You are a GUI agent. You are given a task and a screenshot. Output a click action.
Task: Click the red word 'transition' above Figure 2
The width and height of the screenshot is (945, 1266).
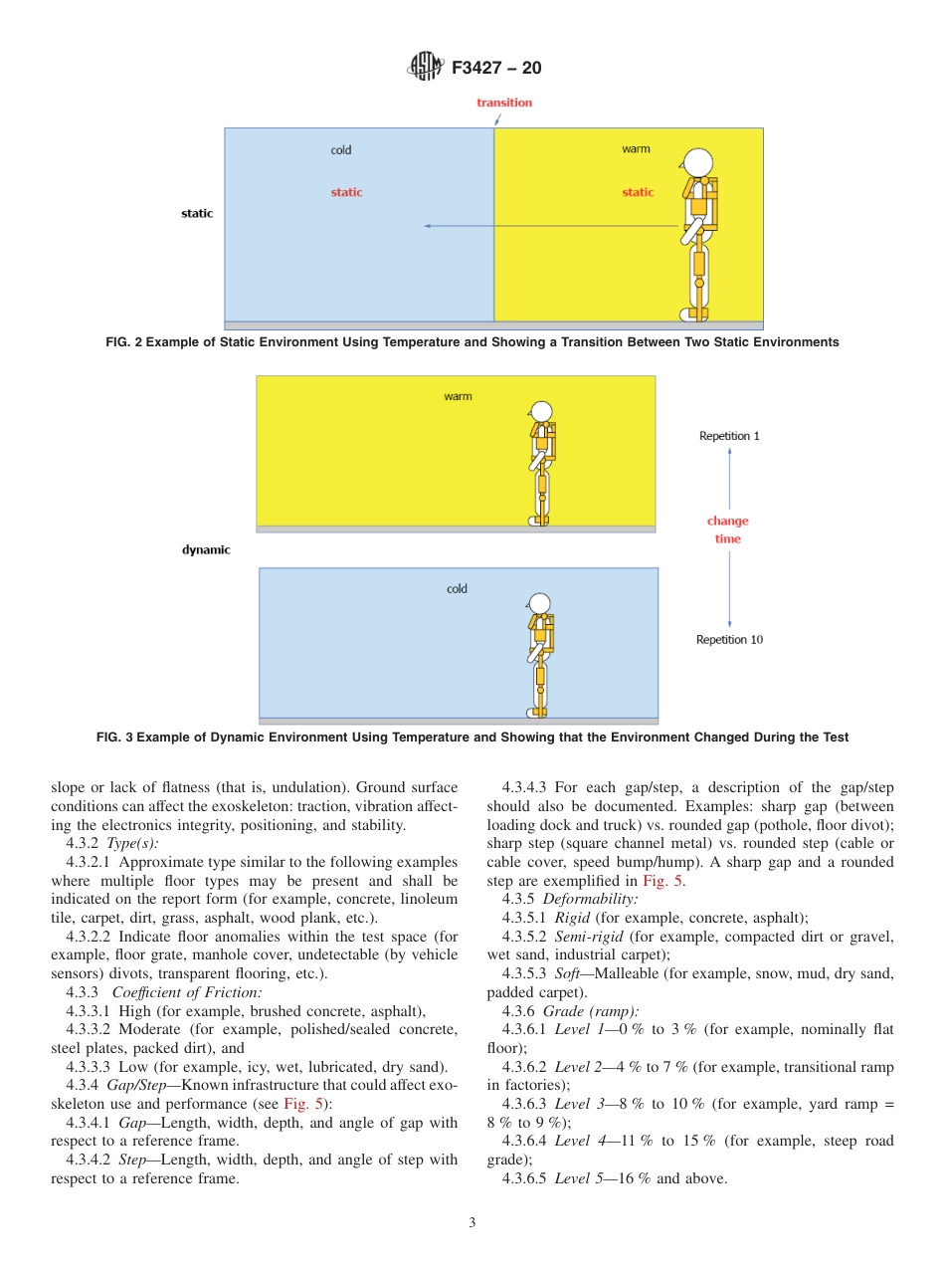(503, 103)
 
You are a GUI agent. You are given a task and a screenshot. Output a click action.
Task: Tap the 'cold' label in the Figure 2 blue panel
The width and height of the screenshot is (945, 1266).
(341, 150)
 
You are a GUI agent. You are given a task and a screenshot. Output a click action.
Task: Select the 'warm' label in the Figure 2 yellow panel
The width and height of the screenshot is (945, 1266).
(636, 149)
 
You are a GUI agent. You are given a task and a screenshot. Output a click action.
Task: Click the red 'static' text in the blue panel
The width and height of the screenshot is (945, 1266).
(346, 192)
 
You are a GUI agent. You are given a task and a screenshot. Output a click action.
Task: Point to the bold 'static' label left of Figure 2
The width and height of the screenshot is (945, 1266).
(197, 213)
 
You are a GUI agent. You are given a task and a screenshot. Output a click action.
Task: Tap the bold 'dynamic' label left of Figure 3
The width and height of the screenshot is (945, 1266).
(206, 549)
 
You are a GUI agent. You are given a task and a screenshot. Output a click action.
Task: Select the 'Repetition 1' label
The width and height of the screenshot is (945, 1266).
(729, 436)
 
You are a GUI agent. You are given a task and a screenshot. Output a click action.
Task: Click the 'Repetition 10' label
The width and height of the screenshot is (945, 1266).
(729, 639)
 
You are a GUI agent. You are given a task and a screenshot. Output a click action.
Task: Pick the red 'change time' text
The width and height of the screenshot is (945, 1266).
(728, 529)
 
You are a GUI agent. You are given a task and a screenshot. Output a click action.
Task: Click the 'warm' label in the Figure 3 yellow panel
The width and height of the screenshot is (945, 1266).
(458, 396)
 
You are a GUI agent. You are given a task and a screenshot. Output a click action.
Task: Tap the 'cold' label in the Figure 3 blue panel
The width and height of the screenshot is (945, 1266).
(457, 588)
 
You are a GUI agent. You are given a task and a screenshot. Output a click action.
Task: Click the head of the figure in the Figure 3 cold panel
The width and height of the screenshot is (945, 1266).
(539, 603)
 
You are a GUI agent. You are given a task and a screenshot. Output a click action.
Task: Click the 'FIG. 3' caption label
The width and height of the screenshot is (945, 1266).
(115, 738)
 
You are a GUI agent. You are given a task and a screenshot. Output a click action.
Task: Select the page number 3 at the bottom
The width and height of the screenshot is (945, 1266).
(472, 1222)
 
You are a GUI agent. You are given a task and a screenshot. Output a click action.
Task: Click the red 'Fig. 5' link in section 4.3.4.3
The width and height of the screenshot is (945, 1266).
(660, 881)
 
